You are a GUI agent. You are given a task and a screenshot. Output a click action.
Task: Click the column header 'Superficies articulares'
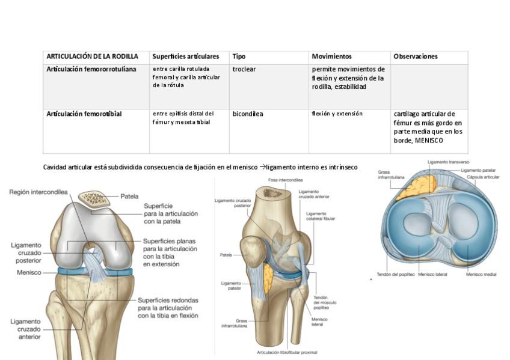coord(190,56)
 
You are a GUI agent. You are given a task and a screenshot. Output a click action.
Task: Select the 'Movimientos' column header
coord(331,56)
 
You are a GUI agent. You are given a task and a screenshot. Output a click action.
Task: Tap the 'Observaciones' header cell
coord(415,56)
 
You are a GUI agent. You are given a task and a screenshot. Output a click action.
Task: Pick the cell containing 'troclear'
coord(244,69)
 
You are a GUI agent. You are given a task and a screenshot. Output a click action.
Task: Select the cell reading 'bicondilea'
coord(248,114)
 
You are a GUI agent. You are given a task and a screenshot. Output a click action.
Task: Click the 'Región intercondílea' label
coord(38,192)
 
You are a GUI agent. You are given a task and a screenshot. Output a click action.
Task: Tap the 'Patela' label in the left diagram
coord(129,196)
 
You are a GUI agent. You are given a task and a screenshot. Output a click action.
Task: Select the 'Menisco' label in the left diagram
coord(29,272)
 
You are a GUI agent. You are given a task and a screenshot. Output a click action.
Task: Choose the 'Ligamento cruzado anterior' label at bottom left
coord(25,329)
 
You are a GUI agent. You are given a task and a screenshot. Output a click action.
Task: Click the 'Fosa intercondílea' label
coord(286,180)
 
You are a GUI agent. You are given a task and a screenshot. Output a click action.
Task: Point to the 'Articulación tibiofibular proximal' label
coord(287,352)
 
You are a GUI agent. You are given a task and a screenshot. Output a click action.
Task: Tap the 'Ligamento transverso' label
coord(448,162)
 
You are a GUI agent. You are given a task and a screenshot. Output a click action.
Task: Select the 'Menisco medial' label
coord(481,275)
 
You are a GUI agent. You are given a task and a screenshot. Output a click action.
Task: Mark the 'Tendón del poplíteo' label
coord(395,275)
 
